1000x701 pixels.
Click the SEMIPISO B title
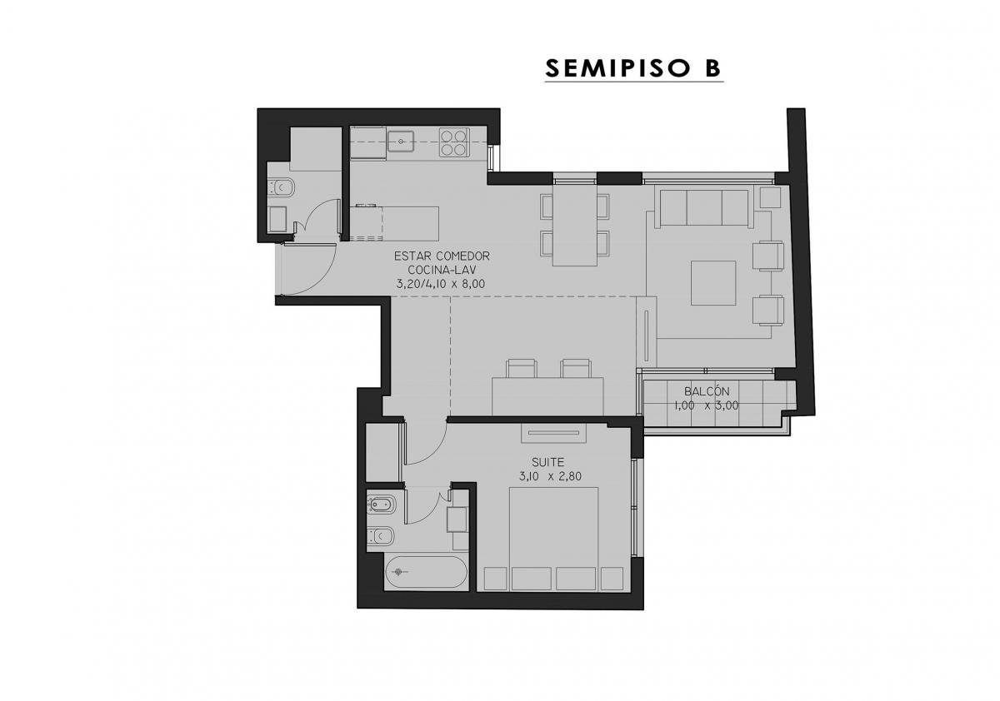point(633,68)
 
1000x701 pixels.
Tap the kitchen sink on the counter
point(401,142)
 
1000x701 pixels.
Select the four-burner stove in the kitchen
point(454,142)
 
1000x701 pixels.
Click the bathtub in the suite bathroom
point(427,571)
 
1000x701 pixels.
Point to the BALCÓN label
point(707,391)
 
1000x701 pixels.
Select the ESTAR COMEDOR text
point(442,256)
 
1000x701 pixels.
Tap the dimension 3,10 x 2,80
point(550,476)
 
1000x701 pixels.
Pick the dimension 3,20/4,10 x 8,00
point(441,284)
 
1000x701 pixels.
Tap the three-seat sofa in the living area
point(703,208)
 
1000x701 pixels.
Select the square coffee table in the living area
point(713,283)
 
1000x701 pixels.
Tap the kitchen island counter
point(394,223)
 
